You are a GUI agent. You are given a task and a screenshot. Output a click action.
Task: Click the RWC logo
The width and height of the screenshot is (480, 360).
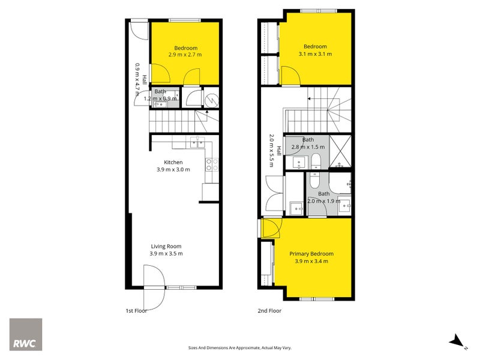26,334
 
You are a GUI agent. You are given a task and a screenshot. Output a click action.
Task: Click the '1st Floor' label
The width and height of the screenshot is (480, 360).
137,311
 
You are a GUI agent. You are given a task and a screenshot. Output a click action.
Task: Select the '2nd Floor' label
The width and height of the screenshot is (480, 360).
269,311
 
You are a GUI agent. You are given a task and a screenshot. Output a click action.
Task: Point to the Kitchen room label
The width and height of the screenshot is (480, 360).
173,162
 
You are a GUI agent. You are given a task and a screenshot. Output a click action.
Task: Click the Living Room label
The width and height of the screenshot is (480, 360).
166,246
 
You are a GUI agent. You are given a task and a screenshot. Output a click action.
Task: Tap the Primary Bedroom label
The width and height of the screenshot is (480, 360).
311,254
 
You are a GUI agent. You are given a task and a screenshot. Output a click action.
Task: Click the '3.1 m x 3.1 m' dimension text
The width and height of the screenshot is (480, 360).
316,54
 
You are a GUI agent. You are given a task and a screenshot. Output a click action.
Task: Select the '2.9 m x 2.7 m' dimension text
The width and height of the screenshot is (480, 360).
185,55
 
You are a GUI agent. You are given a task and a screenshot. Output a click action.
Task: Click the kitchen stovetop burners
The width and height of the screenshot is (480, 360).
212,164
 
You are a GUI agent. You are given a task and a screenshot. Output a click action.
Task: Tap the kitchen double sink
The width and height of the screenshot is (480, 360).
197,142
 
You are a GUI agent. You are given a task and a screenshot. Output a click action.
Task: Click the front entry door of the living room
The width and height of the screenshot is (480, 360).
155,287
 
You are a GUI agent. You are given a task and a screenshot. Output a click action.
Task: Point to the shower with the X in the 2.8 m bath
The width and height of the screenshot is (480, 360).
340,152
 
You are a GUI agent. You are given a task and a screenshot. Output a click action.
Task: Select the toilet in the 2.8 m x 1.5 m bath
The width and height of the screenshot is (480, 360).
316,161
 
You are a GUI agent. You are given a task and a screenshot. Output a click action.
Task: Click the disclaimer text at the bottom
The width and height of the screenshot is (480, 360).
240,348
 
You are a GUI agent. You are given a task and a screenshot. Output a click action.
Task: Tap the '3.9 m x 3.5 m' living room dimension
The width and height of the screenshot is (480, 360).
166,253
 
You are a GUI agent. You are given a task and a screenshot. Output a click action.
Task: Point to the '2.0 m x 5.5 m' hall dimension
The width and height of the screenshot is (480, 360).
271,151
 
